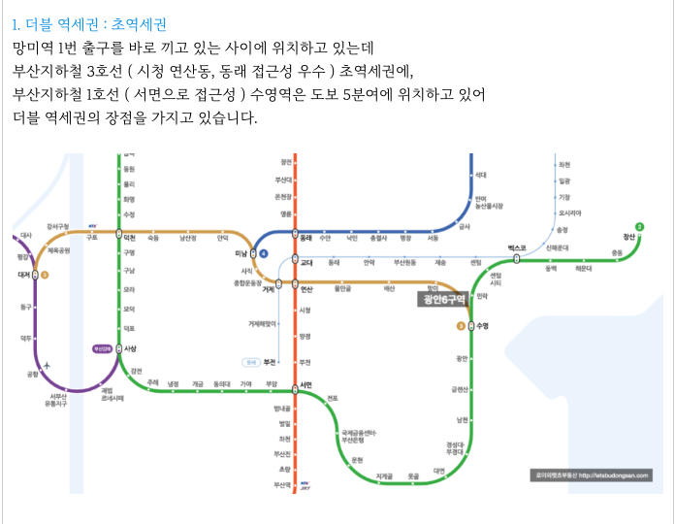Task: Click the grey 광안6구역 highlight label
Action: [442, 300]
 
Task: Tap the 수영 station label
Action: [483, 326]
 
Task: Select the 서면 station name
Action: [306, 384]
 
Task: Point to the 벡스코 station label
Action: [516, 248]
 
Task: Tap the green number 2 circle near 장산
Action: [639, 227]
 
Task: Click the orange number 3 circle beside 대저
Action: [45, 275]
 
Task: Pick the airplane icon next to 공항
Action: [46, 365]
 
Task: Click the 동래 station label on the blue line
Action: [305, 237]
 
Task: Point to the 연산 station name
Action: [306, 288]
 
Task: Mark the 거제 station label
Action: [269, 289]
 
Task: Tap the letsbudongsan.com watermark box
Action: [590, 475]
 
